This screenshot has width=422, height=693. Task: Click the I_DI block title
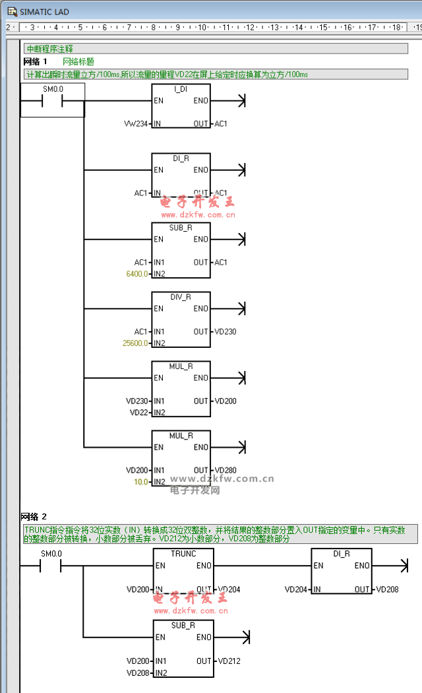pos(181,89)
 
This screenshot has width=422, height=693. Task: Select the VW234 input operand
pos(136,123)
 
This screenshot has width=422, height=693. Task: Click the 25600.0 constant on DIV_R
pos(135,343)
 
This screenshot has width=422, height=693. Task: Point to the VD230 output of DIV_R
pos(225,331)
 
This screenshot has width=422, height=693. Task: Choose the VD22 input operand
pos(138,412)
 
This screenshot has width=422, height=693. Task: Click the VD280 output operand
pos(225,470)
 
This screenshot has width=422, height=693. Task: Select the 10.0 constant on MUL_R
pos(140,482)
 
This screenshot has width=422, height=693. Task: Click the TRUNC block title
pos(183,554)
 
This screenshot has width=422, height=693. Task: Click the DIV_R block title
pos(181,297)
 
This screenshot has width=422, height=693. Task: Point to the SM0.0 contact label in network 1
pos(53,89)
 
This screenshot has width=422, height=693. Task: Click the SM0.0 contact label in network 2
pos(51,553)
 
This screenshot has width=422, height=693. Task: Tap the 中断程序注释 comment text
pos(49,49)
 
